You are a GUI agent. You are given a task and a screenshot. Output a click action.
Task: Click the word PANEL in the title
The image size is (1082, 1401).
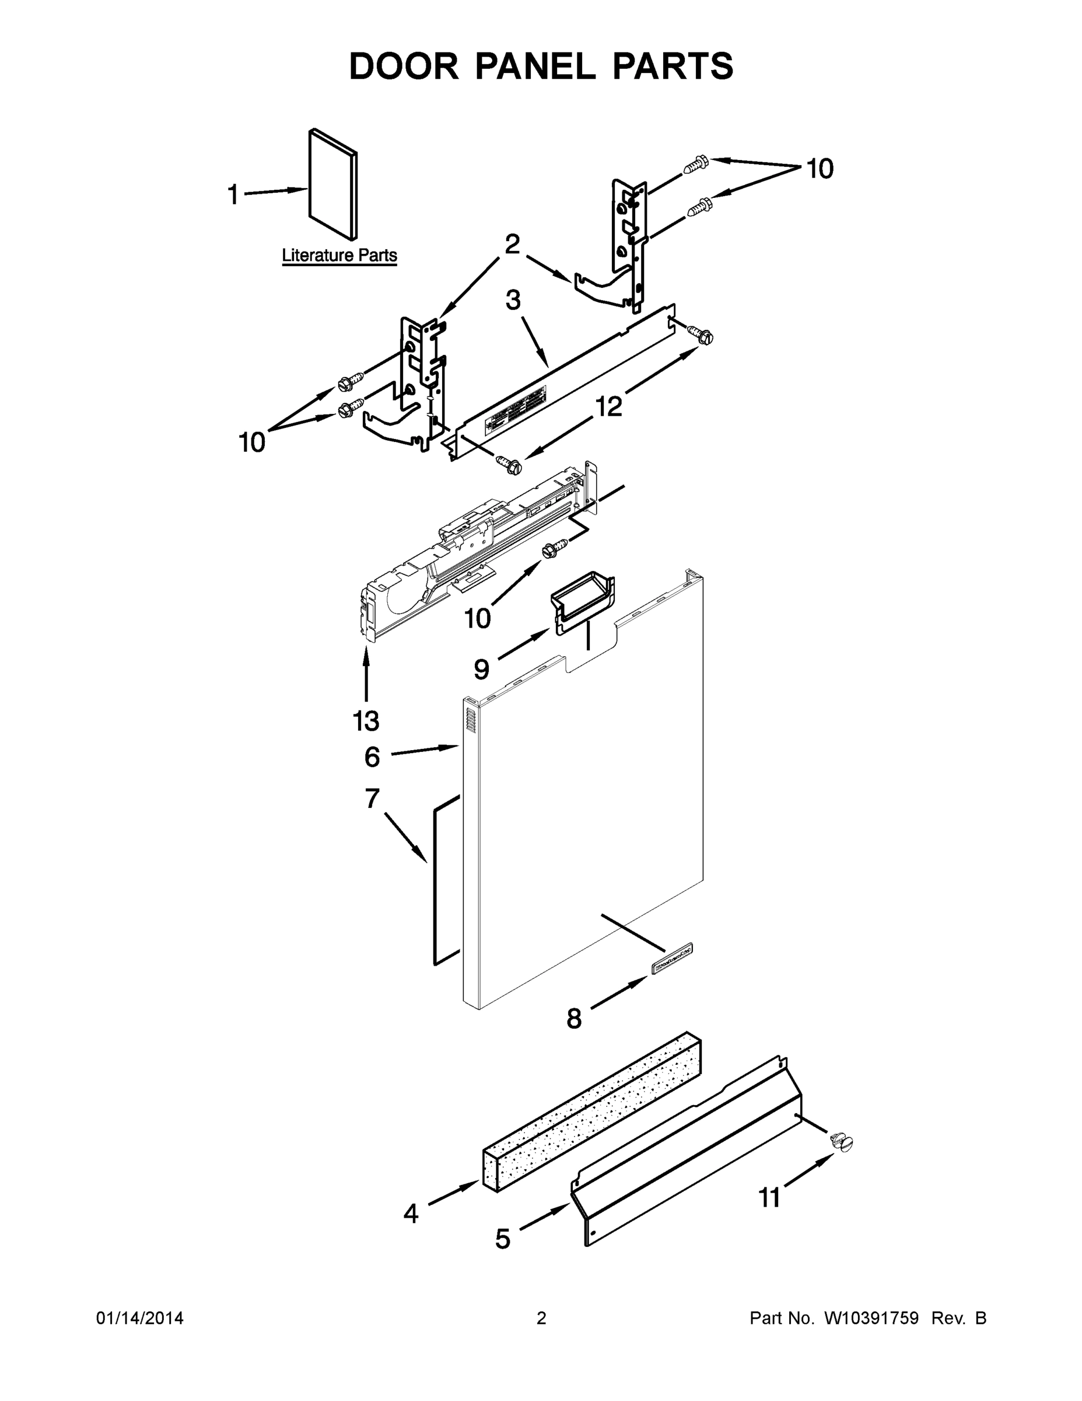tap(535, 66)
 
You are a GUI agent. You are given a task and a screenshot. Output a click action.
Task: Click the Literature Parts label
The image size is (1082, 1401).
tap(339, 255)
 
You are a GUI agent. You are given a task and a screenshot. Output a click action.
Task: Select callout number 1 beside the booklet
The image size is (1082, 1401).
tap(233, 194)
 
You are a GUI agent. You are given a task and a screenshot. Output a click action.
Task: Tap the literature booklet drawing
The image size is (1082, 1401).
tap(332, 184)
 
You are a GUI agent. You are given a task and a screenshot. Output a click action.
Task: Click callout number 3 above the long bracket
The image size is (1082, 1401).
tap(513, 300)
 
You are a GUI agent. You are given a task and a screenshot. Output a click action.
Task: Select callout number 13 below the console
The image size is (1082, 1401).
tap(366, 721)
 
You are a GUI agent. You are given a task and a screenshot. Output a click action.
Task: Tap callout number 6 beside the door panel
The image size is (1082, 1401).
tap(372, 757)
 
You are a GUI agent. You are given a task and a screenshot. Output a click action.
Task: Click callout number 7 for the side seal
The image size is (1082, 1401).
tap(372, 799)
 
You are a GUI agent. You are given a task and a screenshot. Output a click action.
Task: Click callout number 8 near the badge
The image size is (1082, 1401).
tap(574, 1018)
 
